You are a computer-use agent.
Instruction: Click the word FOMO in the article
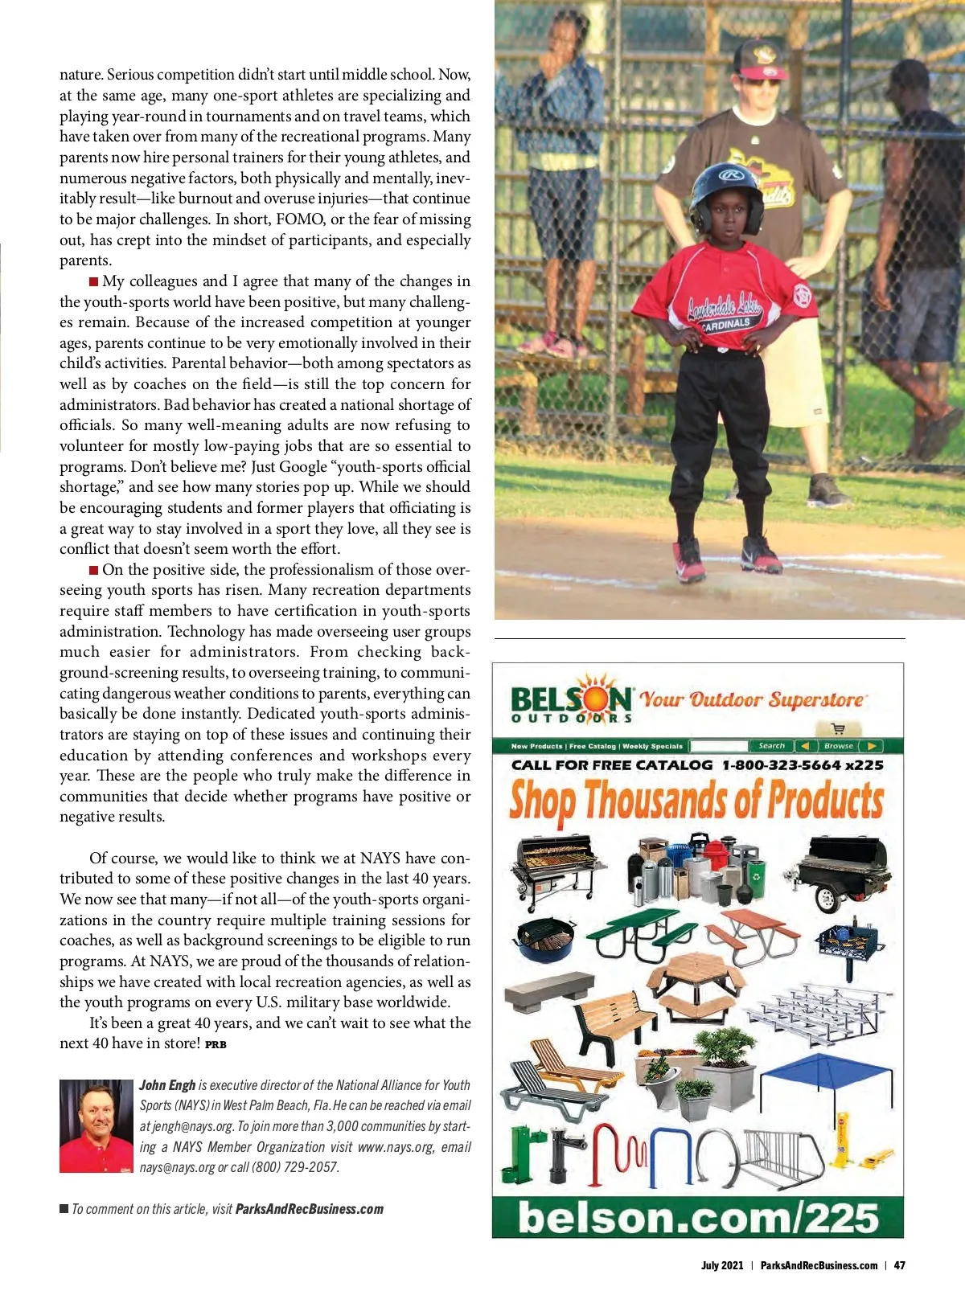[x=302, y=219]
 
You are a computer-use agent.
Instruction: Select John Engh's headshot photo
[x=96, y=1125]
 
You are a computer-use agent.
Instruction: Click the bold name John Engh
[x=167, y=1085]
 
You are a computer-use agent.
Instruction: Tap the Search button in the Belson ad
[x=771, y=746]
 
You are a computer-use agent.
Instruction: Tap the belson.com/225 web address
[x=697, y=1217]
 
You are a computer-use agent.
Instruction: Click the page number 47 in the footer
[x=899, y=1265]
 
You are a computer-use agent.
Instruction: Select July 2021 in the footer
[x=722, y=1265]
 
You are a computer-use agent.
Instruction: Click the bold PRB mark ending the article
[x=216, y=1045]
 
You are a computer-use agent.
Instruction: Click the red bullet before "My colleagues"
[x=94, y=281]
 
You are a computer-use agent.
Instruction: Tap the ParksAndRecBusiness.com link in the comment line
[x=309, y=1209]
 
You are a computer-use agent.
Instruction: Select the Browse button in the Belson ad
[x=838, y=746]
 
